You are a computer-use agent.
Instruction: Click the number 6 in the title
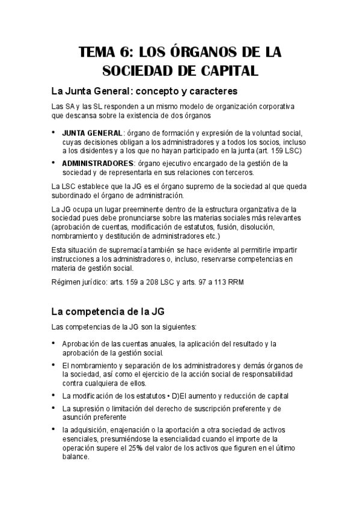click(x=135, y=52)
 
